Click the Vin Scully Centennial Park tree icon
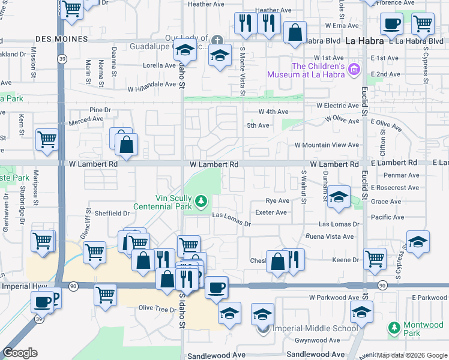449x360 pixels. [x=202, y=200]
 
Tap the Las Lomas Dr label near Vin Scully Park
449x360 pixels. [x=231, y=219]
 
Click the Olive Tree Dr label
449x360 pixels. [x=155, y=308]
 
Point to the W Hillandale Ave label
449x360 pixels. [x=151, y=85]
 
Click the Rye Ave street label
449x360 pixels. [x=277, y=201]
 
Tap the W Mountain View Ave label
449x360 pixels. [x=327, y=145]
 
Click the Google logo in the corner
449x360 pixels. [x=20, y=353]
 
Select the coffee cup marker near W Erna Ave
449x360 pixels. [x=391, y=24]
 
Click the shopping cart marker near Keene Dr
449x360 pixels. [x=375, y=259]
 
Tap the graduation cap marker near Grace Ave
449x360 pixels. [x=339, y=197]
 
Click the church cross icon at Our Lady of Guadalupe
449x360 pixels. [x=217, y=40]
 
